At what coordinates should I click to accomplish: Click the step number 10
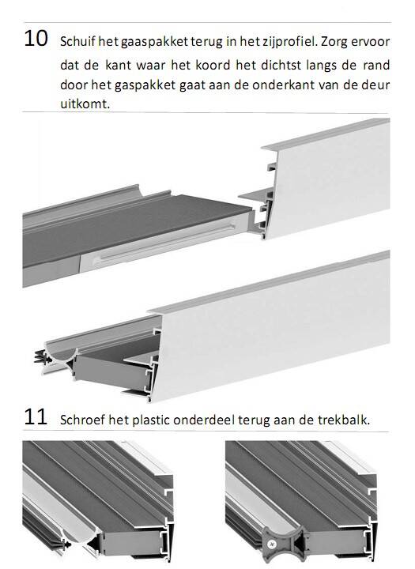click(x=36, y=39)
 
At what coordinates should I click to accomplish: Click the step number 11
click(x=36, y=416)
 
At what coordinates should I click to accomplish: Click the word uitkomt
click(x=85, y=104)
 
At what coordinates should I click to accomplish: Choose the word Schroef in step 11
click(x=82, y=420)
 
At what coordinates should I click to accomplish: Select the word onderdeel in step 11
click(x=204, y=420)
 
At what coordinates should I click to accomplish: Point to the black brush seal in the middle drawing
click(x=43, y=357)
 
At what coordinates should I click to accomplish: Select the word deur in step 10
click(x=375, y=85)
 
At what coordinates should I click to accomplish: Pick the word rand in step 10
click(x=375, y=66)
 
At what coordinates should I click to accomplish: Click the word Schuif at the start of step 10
click(x=77, y=42)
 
